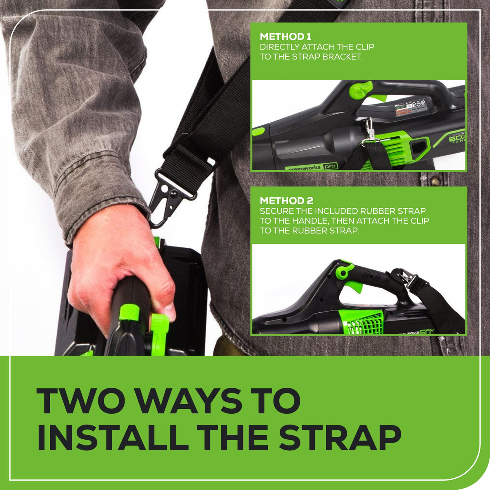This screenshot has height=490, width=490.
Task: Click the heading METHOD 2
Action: click(x=286, y=201)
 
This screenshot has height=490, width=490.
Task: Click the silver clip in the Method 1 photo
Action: click(x=369, y=131)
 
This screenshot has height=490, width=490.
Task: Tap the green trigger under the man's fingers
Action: click(x=159, y=327)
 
